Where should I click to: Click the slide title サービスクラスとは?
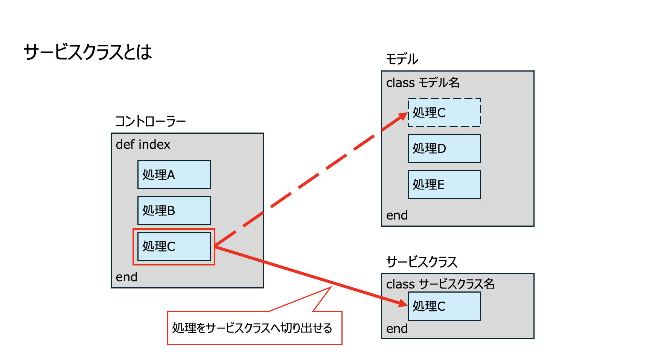point(88,52)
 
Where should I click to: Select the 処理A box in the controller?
point(174,175)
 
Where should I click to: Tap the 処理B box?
point(174,211)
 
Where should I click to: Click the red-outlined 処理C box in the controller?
point(174,247)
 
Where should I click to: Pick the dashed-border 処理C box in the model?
point(444,113)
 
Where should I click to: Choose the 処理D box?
point(444,149)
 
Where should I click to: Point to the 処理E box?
point(444,185)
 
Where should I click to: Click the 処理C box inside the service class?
point(444,306)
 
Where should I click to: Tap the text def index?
point(143,145)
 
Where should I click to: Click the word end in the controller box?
point(126,277)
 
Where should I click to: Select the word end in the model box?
point(397,215)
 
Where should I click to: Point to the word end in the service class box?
point(397,329)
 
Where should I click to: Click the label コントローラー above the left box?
point(150,122)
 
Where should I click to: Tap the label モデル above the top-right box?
point(402,59)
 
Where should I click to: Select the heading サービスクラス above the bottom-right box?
point(422,262)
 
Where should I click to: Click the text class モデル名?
point(423,82)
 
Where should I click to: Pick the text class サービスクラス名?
point(440,284)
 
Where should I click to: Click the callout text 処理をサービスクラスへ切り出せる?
point(252,328)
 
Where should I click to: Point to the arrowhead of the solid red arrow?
point(403,304)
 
